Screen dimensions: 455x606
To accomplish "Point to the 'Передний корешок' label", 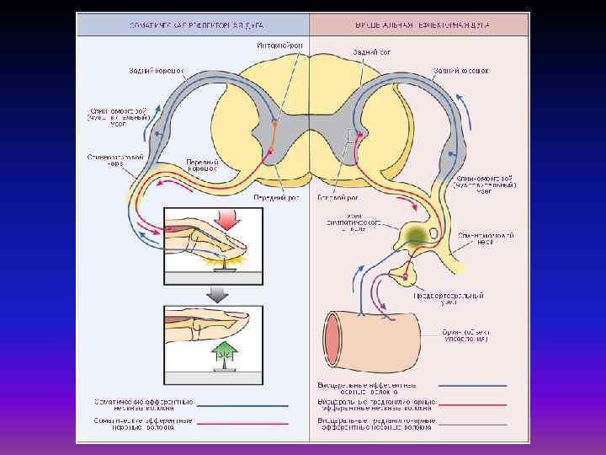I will pyautogui.click(x=202, y=166).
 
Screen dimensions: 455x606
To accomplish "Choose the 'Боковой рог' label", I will pyautogui.click(x=333, y=197).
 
